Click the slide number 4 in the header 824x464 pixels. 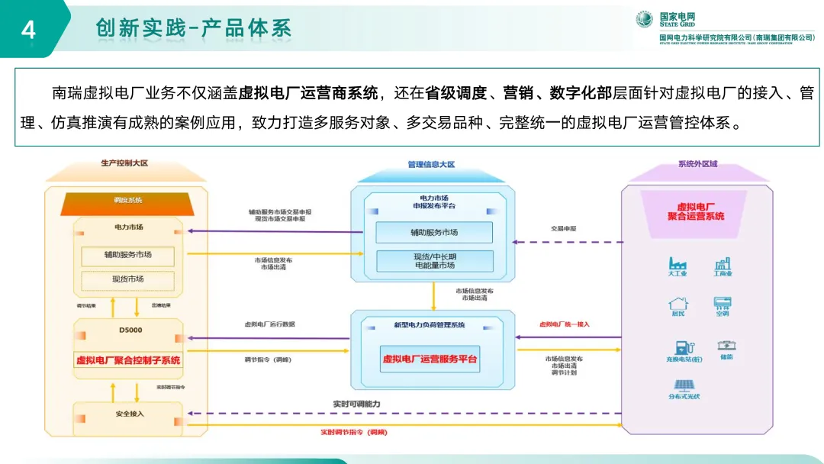coord(29,30)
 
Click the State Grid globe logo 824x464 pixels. coord(645,19)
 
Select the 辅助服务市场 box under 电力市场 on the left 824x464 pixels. coord(128,255)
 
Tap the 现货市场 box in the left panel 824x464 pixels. coord(128,279)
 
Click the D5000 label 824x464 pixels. coord(130,330)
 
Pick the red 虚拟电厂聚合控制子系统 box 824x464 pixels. coord(128,359)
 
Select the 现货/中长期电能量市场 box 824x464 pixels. coord(434,261)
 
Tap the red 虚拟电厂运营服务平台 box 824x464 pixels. coord(431,359)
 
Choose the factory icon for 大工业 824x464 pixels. coord(678,264)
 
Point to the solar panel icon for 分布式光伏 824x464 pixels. coord(682,385)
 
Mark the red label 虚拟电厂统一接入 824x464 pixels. coord(564,324)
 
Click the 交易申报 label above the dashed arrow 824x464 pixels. coord(563,228)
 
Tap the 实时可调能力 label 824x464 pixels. coord(356,403)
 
